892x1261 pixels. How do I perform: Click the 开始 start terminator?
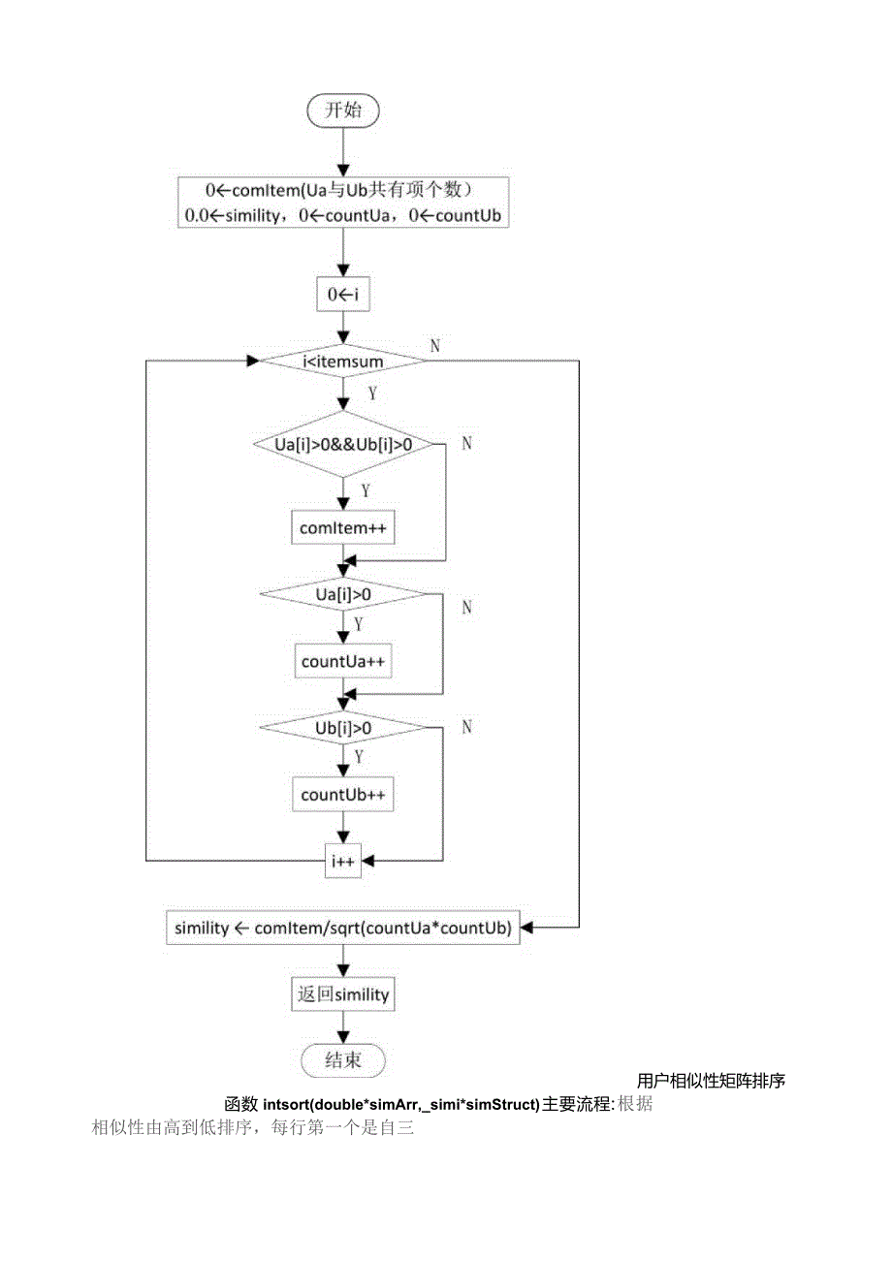point(343,110)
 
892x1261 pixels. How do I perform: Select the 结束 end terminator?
point(343,1060)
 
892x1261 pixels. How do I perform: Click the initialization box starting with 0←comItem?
point(343,203)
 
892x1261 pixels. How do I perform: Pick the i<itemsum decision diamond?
point(343,362)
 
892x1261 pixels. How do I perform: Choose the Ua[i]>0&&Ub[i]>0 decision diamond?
point(343,445)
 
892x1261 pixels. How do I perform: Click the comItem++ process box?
point(343,528)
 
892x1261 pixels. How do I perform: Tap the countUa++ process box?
point(343,661)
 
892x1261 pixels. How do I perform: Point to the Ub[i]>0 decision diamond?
point(343,727)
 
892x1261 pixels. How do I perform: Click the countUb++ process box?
point(343,795)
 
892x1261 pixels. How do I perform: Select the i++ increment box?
point(343,860)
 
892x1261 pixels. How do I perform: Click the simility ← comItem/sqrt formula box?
point(343,928)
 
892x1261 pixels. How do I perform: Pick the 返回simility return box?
point(343,994)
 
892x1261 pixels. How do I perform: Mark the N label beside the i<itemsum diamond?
point(434,346)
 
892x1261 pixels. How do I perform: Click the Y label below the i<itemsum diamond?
point(371,394)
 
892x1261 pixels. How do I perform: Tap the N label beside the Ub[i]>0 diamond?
point(466,727)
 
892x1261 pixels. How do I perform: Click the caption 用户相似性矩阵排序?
point(711,1081)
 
